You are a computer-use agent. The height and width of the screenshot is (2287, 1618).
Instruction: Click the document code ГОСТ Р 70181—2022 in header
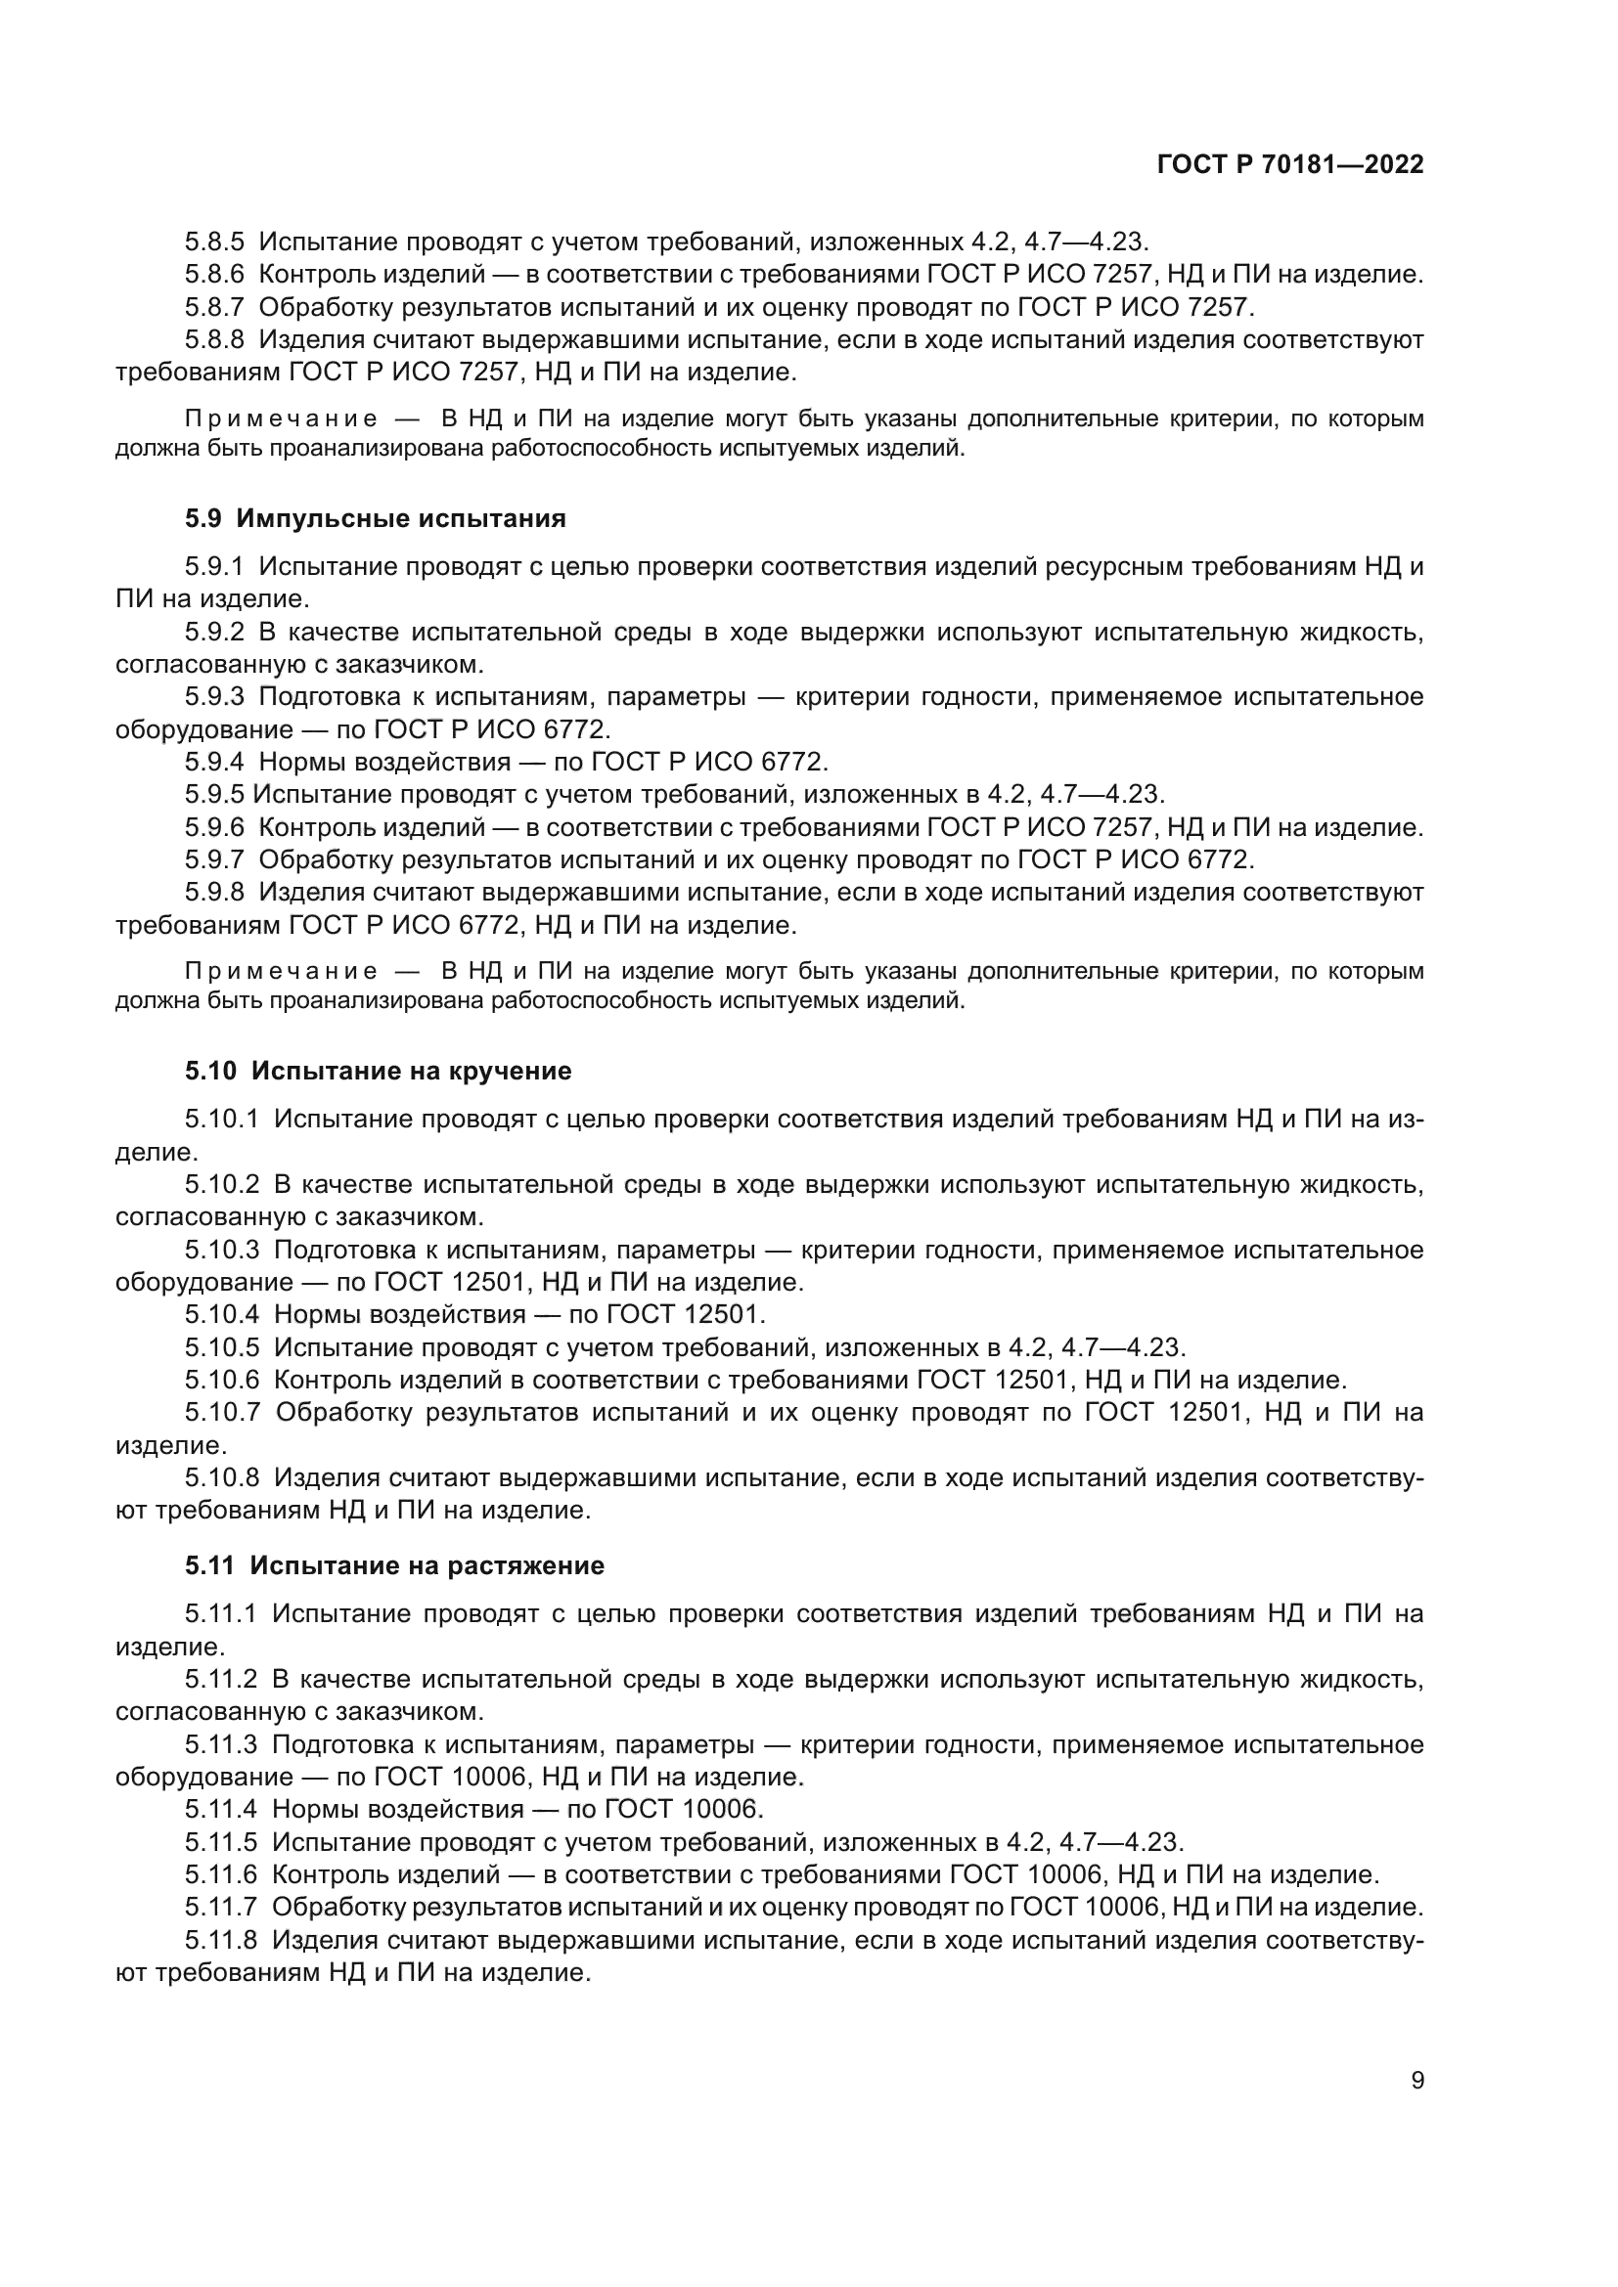point(1290,165)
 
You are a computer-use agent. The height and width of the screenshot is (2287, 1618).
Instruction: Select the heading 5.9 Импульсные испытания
point(375,519)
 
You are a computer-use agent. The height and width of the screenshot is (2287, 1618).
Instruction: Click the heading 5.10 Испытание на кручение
point(378,1072)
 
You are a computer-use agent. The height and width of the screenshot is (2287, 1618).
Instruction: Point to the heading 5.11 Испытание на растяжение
point(393,1565)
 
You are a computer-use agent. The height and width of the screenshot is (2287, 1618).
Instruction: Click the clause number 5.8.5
point(214,242)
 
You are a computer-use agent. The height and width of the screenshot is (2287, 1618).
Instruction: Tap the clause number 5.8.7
point(214,307)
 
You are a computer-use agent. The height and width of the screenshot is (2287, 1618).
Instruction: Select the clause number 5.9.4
point(214,762)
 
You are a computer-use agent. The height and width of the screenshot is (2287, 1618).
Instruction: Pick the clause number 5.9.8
point(214,893)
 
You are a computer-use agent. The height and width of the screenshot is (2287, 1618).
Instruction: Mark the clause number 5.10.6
point(221,1380)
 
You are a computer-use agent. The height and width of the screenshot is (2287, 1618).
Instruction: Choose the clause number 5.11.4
point(220,1809)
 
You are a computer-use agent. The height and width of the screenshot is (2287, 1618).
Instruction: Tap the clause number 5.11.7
point(220,1907)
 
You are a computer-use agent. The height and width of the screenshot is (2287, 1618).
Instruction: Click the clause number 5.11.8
point(220,1939)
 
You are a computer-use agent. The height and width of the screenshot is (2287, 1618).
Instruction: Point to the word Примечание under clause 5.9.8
point(281,971)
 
